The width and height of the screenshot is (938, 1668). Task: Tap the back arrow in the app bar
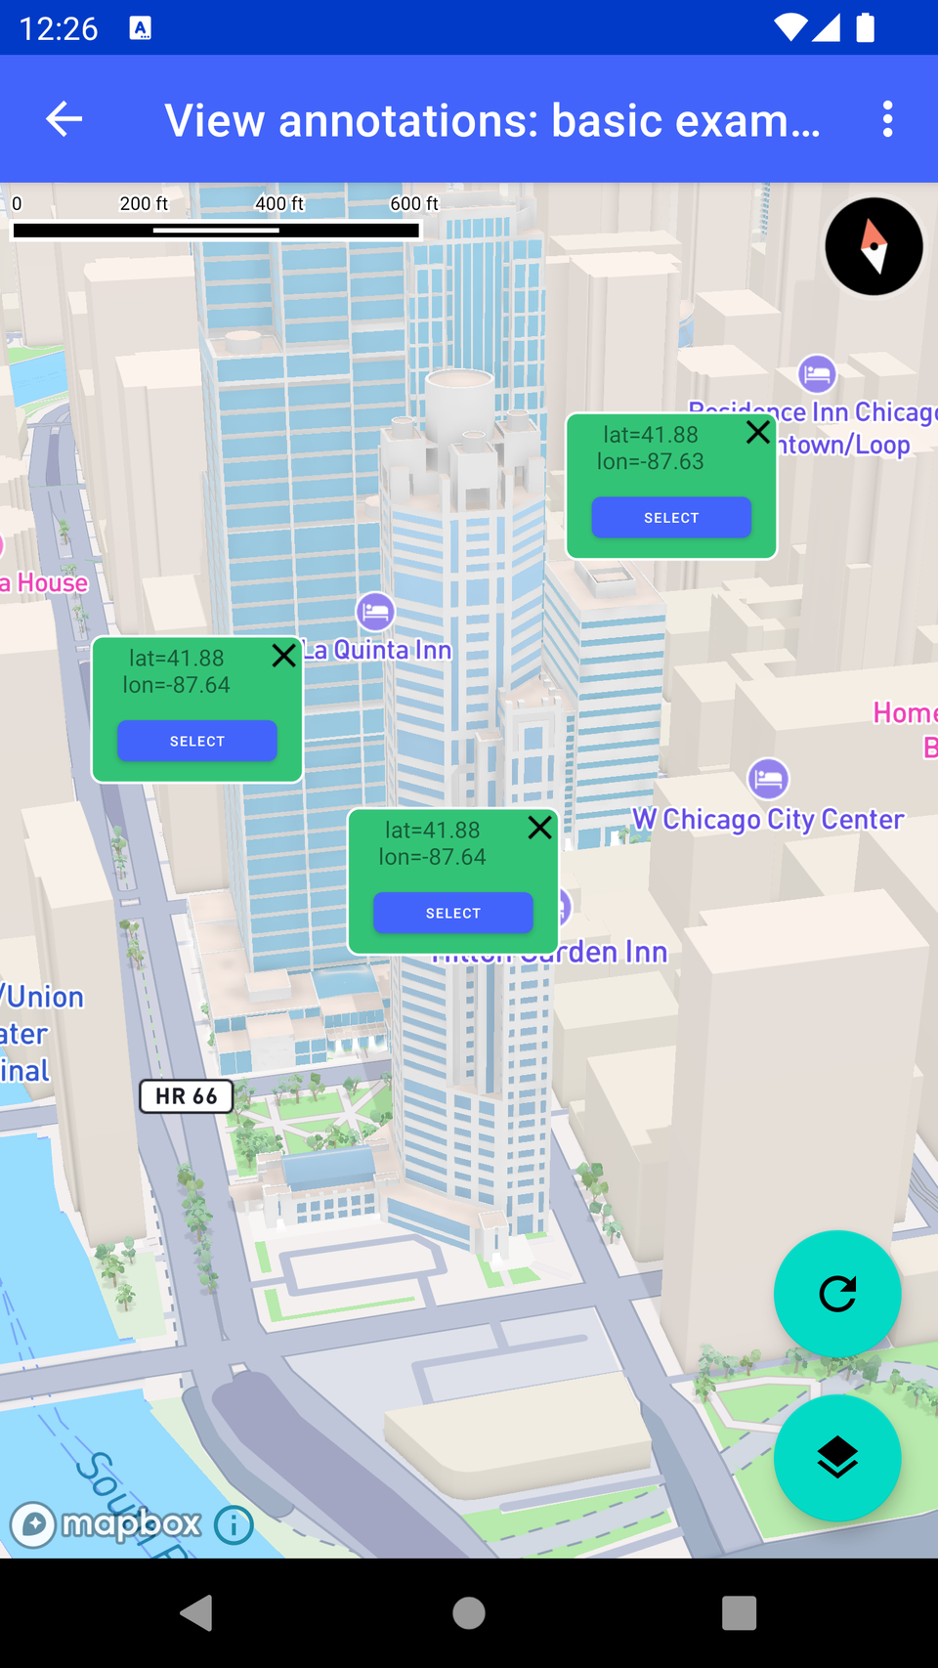(64, 119)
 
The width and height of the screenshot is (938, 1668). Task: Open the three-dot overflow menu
(887, 119)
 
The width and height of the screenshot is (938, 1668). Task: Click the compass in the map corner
(874, 246)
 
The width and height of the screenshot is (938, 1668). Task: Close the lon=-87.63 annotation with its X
(758, 432)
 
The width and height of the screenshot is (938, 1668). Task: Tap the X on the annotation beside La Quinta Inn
(284, 655)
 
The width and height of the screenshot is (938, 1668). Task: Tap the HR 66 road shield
(187, 1096)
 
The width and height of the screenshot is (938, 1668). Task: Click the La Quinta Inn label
(378, 650)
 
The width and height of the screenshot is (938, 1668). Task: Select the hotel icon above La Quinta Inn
(375, 612)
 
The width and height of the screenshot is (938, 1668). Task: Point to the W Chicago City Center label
(768, 819)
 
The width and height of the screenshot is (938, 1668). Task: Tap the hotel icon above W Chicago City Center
(768, 779)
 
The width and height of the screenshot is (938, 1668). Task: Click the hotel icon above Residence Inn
(817, 373)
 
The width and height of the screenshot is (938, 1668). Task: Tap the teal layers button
(837, 1458)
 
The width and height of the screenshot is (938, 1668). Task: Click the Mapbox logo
(106, 1524)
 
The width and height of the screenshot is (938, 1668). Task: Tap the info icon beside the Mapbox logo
(234, 1524)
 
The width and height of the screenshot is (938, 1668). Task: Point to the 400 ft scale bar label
(279, 203)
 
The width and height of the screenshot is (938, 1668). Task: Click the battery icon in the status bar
(865, 27)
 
